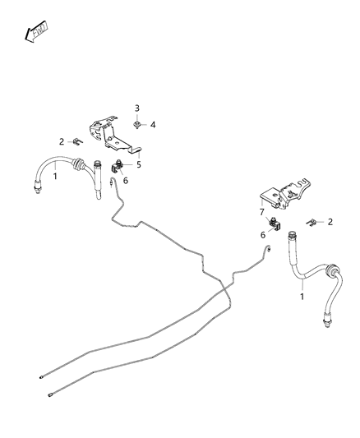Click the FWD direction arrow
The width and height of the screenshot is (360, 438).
pyautogui.click(x=36, y=32)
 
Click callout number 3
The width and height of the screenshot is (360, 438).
pyautogui.click(x=138, y=108)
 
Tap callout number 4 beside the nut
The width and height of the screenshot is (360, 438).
pyautogui.click(x=153, y=124)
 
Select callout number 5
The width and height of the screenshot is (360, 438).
pyautogui.click(x=139, y=164)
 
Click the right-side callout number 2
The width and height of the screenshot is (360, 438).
pyautogui.click(x=330, y=221)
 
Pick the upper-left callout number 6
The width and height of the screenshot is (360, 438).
pyautogui.click(x=125, y=181)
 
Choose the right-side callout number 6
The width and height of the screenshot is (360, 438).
pyautogui.click(x=263, y=234)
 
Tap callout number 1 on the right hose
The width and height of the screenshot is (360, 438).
pyautogui.click(x=302, y=296)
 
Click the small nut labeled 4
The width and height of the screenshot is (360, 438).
pyautogui.click(x=140, y=125)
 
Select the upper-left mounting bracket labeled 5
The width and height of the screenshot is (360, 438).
pyautogui.click(x=112, y=135)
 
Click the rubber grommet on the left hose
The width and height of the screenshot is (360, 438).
pyautogui.click(x=81, y=167)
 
